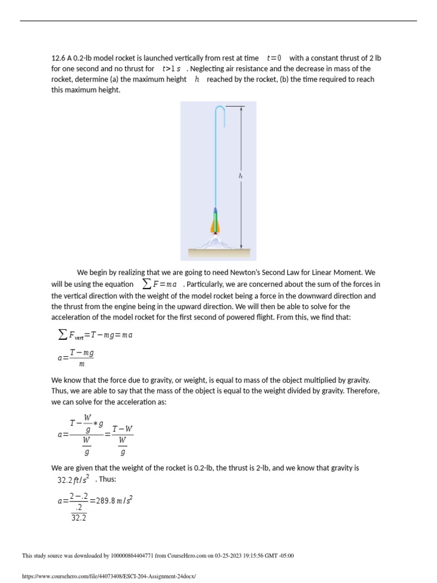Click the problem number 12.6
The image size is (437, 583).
pyautogui.click(x=58, y=58)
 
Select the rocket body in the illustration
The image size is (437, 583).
pyautogui.click(x=215, y=219)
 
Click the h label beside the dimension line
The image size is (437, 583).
pyautogui.click(x=240, y=176)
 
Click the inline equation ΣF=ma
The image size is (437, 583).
pyautogui.click(x=159, y=284)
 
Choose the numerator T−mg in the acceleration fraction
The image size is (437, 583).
pyautogui.click(x=82, y=354)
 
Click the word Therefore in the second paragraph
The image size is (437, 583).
pyautogui.click(x=362, y=391)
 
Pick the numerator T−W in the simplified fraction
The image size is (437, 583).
pyautogui.click(x=122, y=429)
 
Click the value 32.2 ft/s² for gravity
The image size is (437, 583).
pyautogui.click(x=73, y=479)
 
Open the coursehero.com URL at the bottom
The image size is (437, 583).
pyautogui.click(x=108, y=576)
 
